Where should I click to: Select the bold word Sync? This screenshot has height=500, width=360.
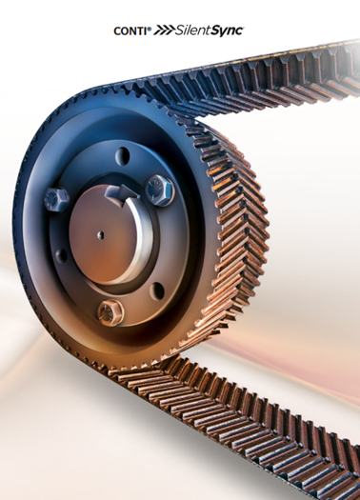[x=226, y=31]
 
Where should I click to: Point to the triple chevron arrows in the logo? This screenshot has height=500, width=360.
[x=164, y=30]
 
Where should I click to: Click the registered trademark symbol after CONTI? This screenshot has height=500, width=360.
[x=149, y=29]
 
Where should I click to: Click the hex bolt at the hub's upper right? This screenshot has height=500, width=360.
[x=160, y=190]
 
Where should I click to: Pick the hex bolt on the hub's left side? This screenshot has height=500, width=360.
[x=57, y=199]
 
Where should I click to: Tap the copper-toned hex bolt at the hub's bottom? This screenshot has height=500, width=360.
[x=110, y=312]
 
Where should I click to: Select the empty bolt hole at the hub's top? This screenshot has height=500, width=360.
[x=123, y=156]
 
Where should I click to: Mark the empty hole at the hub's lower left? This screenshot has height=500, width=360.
[x=61, y=256]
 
